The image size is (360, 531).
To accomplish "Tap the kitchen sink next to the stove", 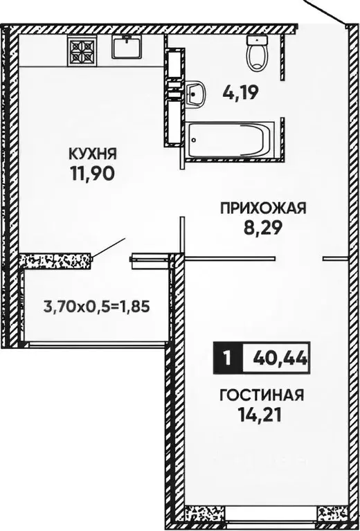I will click(x=127, y=47).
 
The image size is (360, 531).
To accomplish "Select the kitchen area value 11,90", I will click(x=91, y=172).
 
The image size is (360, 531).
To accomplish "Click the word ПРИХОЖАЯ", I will click(x=262, y=207).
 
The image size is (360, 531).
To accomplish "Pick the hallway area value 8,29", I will click(x=262, y=226).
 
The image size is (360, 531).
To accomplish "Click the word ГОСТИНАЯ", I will click(x=261, y=395).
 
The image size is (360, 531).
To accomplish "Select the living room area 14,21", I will click(x=261, y=416).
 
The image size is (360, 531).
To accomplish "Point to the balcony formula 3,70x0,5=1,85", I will click(x=97, y=305).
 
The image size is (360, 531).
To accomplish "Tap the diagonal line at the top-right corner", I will click(x=324, y=10).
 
